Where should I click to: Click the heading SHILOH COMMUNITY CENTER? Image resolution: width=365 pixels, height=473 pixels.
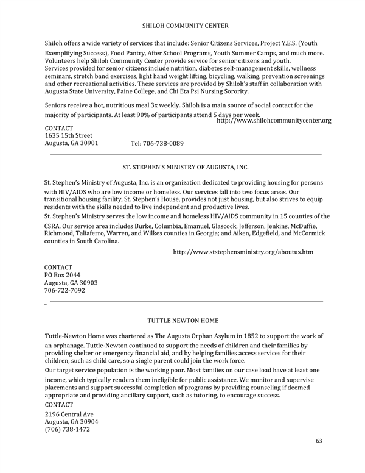pos(185,26)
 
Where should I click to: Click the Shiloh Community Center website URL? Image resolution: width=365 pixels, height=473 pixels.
pos(274,121)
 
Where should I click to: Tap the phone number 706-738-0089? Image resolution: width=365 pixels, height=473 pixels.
pos(157,144)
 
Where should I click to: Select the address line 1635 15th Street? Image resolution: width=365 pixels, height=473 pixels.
pos(69,135)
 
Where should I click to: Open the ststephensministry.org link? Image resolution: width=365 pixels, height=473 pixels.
pos(243,252)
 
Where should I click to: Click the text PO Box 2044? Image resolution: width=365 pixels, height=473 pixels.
pos(63,275)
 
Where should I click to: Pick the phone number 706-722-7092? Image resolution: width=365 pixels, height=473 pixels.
pos(65,291)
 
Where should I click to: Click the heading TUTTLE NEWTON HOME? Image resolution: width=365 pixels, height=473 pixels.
pos(182,320)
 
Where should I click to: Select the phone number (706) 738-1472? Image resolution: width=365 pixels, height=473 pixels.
pos(68,429)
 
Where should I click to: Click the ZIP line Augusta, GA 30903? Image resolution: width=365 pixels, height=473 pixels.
pos(72,283)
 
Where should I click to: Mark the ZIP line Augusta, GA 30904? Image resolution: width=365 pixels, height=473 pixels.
pos(72,422)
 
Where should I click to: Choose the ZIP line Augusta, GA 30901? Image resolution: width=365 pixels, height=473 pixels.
pos(72,143)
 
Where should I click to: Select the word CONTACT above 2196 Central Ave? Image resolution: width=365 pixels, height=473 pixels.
pos(59,404)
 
